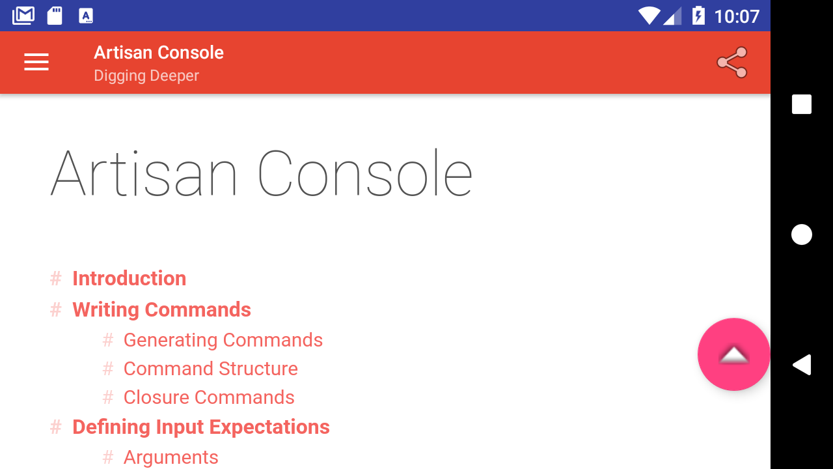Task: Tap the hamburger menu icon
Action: click(36, 62)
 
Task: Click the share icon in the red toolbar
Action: click(732, 62)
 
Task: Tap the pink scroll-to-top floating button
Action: click(733, 354)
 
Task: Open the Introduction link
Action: click(129, 278)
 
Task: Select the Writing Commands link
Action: click(162, 309)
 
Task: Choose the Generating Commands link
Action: click(223, 340)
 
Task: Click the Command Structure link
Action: click(211, 369)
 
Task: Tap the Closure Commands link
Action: click(209, 397)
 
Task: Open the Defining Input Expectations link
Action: click(201, 427)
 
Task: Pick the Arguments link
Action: click(171, 457)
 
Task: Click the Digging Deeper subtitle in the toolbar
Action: click(146, 76)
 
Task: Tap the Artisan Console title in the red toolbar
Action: click(159, 53)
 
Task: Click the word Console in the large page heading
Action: click(365, 173)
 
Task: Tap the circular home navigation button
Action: click(802, 234)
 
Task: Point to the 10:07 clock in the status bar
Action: click(737, 16)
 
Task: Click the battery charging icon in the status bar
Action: click(698, 16)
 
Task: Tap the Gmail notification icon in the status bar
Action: click(23, 16)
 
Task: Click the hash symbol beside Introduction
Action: click(56, 278)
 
